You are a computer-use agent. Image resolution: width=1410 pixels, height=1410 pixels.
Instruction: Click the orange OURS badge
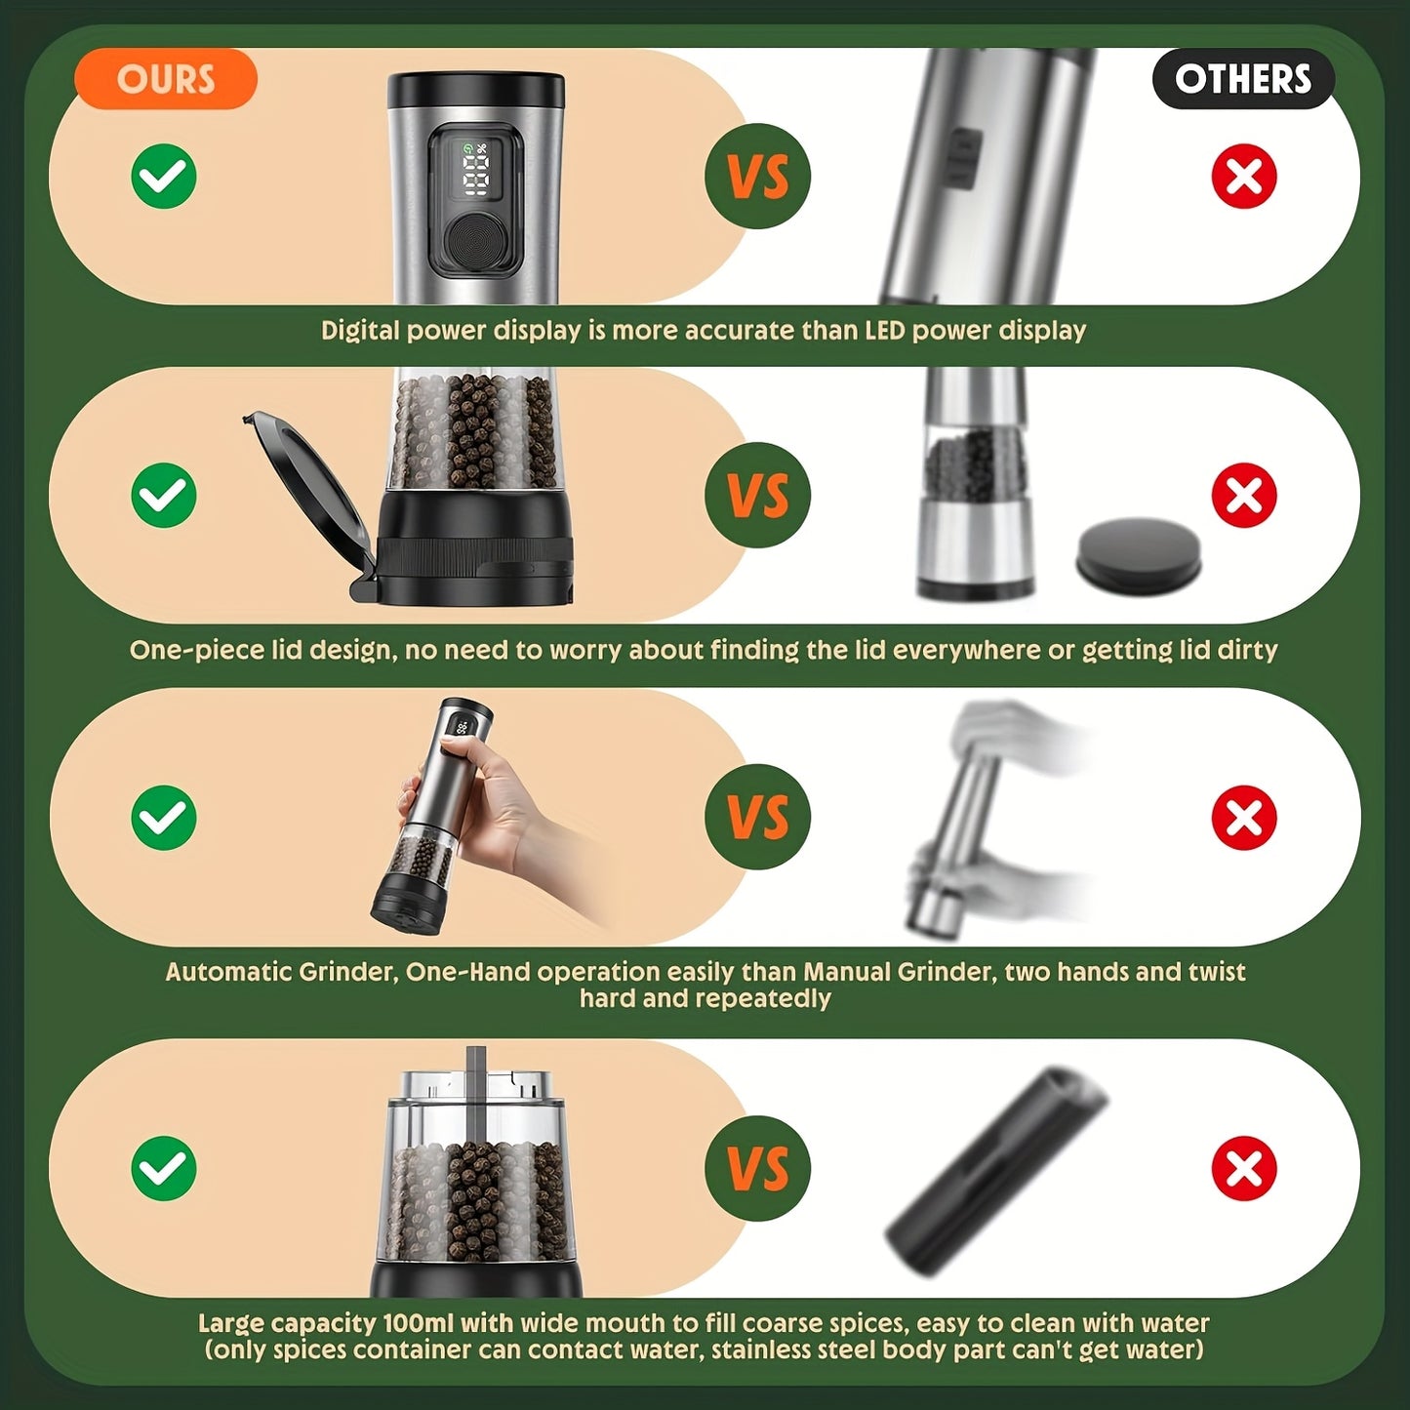(165, 79)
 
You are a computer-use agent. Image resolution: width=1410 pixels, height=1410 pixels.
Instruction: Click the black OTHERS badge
(1242, 79)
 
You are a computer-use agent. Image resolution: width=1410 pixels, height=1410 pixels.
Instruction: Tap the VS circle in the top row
(758, 177)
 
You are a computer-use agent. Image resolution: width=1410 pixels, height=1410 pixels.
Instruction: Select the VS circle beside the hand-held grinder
(758, 817)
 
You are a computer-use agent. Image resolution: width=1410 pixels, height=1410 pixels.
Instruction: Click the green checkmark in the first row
(164, 176)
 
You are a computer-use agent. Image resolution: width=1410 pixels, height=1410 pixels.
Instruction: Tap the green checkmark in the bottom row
(164, 1168)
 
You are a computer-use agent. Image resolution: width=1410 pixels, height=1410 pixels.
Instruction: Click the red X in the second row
(1244, 496)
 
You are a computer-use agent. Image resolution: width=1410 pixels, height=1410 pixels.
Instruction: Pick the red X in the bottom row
(1244, 1168)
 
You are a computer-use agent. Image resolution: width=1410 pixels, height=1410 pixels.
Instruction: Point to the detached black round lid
(1139, 553)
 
